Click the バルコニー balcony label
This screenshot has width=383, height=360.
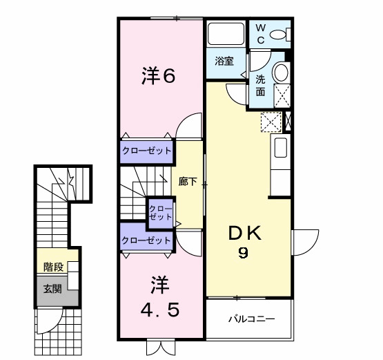click(252, 319)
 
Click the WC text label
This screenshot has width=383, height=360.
click(262, 33)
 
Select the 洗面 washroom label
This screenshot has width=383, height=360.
click(260, 85)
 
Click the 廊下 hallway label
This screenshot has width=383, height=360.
click(188, 182)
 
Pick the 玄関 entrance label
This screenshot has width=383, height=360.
click(53, 289)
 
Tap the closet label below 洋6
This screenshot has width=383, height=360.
click(146, 151)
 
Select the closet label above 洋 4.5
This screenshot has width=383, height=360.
click(146, 240)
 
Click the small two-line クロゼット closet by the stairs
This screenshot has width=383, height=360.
click(161, 211)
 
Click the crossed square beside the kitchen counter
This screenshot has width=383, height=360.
click(271, 121)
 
